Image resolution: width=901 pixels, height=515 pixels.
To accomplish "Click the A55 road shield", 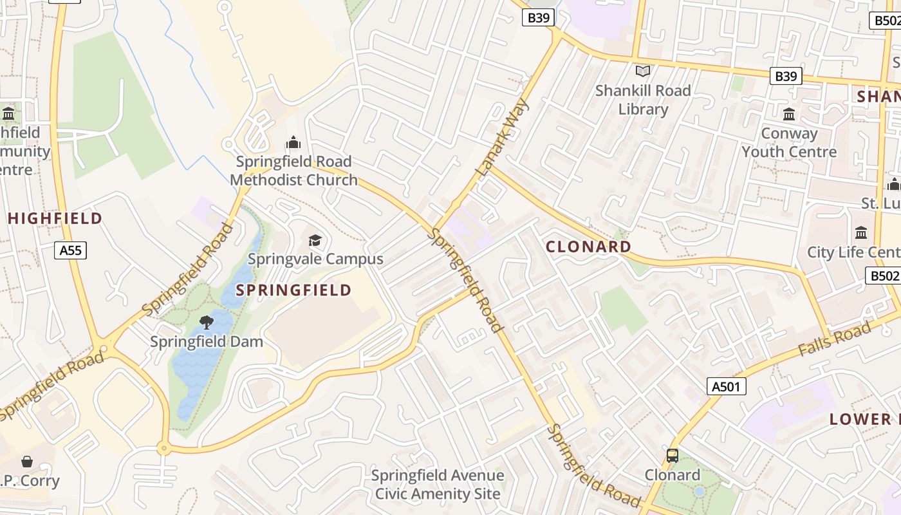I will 70,250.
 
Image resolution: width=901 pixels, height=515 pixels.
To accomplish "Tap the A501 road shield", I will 727,386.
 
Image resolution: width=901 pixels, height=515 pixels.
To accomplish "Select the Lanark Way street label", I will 503,138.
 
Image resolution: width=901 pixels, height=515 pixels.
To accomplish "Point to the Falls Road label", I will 834,339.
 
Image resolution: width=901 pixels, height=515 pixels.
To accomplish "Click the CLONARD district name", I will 588,247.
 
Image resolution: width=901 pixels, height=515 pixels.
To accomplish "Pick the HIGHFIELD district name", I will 55,218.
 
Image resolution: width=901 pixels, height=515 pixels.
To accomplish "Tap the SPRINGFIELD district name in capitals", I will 293,290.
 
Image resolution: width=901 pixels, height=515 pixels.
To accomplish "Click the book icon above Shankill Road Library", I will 642,71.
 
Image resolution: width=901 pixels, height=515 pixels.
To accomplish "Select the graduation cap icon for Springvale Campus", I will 315,241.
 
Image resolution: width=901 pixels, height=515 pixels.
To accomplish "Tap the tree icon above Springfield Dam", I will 207,322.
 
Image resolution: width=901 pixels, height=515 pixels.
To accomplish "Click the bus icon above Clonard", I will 673,456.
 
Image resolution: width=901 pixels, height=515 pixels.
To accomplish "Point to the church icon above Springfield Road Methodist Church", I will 293,142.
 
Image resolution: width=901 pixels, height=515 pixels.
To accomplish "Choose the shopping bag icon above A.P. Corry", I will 27,462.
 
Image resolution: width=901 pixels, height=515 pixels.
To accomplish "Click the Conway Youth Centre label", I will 789,142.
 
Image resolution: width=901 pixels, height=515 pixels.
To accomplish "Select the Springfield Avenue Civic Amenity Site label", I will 438,485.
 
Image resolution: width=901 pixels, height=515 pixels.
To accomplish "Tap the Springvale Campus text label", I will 315,259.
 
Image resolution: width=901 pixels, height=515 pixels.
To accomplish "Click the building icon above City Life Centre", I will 861,233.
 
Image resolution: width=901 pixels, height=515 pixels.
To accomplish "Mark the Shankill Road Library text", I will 643,100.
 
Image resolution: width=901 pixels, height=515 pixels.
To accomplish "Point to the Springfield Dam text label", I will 207,341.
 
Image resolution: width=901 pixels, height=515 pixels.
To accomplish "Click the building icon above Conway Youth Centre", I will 789,115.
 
